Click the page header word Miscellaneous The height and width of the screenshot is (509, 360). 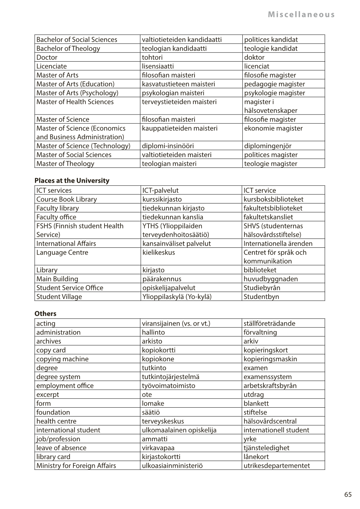pos(301,15)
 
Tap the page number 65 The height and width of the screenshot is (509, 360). pos(348,494)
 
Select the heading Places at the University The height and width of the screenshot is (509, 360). pos(72,181)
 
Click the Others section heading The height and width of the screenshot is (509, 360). pos(45,313)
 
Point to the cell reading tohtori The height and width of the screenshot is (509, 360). pos(152,57)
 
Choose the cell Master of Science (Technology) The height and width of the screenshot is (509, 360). pos(83,146)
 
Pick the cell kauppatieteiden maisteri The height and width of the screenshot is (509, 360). pos(180,128)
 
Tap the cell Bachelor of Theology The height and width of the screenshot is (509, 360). pos(68,48)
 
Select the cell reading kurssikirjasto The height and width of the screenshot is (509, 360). pos(162,199)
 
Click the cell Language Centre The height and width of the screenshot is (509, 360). pos(62,252)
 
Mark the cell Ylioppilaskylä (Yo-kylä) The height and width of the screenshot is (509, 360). pos(177,297)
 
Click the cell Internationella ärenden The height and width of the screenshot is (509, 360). pos(278,244)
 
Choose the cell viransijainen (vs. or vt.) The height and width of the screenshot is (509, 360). pos(176,324)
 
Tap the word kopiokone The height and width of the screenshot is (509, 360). pos(158,359)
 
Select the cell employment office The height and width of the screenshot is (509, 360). pos(65,385)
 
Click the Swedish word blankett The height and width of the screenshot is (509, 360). pos(256,403)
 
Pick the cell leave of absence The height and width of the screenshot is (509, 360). pos(61,448)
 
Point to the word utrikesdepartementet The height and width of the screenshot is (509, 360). pos(277,465)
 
